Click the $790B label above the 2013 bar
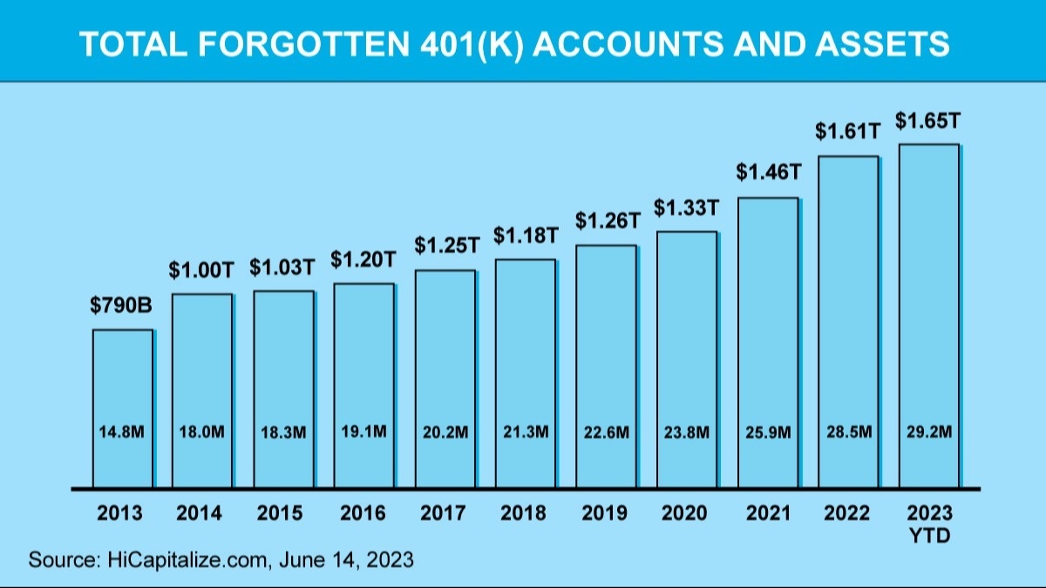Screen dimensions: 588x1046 tap(121, 307)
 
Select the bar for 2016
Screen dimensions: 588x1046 tap(363, 383)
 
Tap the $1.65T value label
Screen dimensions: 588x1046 tap(927, 120)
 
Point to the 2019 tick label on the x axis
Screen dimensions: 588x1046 tap(605, 513)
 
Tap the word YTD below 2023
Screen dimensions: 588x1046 tap(928, 536)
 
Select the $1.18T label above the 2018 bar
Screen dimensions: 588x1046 tap(526, 235)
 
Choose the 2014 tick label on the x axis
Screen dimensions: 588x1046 tap(202, 513)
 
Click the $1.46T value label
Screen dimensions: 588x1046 tap(768, 172)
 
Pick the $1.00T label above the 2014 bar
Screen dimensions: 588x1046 tap(201, 270)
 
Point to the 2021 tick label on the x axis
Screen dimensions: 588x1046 tap(767, 513)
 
